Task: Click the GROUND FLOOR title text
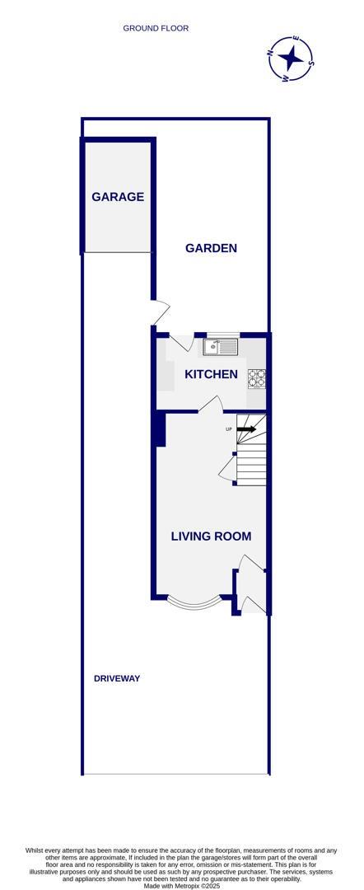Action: click(156, 28)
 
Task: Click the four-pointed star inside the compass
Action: click(291, 59)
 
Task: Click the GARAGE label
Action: click(118, 197)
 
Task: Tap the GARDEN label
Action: click(211, 248)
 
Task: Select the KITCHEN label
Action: click(211, 374)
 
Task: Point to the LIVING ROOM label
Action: click(211, 536)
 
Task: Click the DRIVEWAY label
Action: click(116, 678)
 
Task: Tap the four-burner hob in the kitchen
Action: click(257, 378)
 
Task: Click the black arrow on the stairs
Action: click(247, 429)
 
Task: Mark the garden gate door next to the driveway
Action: click(161, 311)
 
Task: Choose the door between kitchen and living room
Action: click(209, 404)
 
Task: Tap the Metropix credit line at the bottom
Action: click(181, 886)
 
